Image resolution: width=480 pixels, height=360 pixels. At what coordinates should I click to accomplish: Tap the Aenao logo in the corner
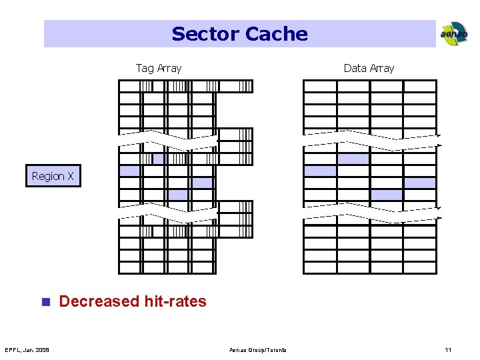coord(453,33)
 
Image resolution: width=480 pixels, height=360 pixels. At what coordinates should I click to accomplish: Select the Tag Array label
coord(159,68)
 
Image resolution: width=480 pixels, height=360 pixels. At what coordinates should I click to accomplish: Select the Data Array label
coord(369,68)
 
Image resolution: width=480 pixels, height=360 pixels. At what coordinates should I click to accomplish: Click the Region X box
coord(53,176)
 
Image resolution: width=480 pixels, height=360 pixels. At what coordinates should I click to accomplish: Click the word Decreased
coord(99,301)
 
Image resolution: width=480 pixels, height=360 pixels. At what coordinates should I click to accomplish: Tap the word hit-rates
coord(175,301)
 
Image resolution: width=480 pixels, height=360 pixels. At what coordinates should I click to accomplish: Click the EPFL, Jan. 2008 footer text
coord(27,350)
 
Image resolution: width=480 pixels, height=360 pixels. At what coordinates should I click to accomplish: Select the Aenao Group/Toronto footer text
coord(258,350)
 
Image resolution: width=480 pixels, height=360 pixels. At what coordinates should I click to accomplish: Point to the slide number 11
coord(448,350)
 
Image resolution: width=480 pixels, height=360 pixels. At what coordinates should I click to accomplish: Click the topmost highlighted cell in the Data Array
coord(353,159)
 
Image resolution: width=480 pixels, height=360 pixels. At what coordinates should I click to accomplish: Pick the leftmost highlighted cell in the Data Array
coord(319,171)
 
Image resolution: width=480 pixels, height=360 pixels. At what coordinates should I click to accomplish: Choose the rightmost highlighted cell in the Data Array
coord(419,183)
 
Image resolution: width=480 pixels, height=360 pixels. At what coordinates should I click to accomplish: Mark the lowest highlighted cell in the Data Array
coord(386,195)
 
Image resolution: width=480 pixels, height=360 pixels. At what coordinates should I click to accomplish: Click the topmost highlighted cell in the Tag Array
coord(159,159)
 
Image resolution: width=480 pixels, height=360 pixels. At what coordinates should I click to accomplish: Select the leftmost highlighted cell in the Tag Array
coord(130,171)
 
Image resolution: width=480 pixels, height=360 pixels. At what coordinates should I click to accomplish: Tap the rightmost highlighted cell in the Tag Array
coord(202,183)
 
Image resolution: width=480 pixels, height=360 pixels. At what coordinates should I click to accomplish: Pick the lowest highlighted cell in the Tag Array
coord(177,195)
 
